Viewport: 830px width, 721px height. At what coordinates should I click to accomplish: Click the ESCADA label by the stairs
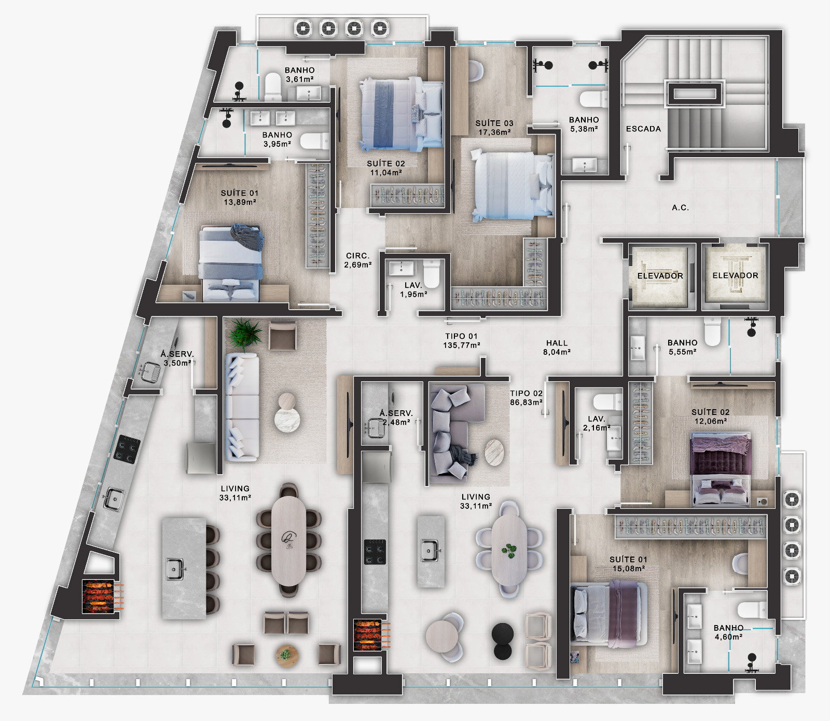(x=643, y=129)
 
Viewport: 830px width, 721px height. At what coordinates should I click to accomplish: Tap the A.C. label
(x=680, y=207)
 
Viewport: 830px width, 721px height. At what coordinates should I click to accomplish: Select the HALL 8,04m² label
(x=557, y=347)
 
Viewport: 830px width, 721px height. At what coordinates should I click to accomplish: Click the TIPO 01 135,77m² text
(x=461, y=340)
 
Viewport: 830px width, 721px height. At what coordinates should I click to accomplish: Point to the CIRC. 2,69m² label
(x=358, y=260)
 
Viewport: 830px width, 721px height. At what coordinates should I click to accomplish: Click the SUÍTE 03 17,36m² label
(x=494, y=128)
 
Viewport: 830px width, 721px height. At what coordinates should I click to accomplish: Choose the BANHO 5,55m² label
(x=682, y=347)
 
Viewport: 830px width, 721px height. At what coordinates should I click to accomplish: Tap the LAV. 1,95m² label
(x=413, y=289)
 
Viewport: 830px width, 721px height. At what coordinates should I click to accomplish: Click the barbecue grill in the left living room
(x=100, y=596)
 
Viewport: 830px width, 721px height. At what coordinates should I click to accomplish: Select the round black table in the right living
(x=502, y=641)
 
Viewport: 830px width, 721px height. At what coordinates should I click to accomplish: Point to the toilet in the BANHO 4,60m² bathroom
(x=752, y=609)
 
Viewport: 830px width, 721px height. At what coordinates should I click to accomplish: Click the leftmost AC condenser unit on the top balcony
(x=303, y=27)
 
